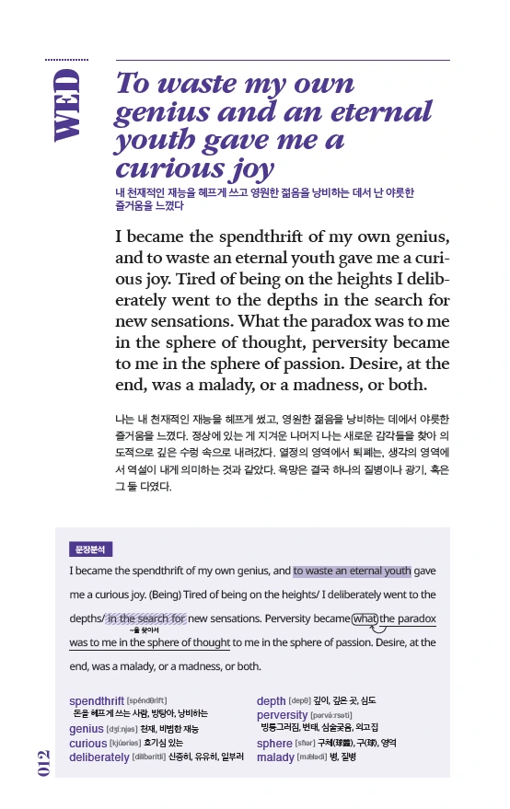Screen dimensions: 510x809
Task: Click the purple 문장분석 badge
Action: [90, 549]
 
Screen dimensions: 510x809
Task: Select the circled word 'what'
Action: [365, 618]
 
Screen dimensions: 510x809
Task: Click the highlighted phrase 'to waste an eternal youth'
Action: [353, 571]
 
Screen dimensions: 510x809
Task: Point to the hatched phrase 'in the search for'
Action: [146, 618]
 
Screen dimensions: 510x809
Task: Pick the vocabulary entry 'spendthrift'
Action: [97, 701]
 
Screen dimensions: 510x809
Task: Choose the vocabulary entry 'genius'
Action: [87, 729]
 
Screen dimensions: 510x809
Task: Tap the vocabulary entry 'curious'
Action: [88, 743]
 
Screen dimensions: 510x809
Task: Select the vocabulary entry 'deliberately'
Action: [99, 757]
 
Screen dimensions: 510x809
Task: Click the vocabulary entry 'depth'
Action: [271, 701]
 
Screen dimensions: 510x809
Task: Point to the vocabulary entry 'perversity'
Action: [283, 715]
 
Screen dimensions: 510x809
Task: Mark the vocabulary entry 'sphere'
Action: [274, 744]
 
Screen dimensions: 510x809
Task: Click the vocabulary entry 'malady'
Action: [275, 757]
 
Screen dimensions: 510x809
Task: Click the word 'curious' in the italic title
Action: [164, 168]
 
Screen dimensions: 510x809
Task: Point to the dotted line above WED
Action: [66, 58]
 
